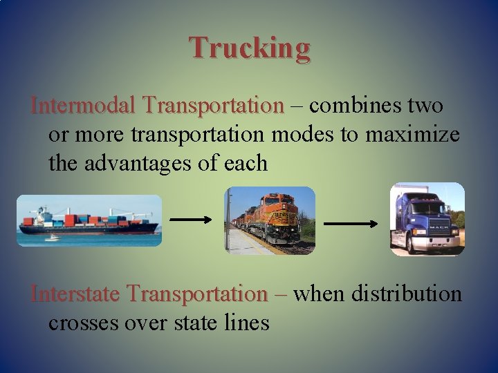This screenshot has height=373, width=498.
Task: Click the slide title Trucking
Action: [x=250, y=48]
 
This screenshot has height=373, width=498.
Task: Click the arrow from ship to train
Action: [x=191, y=219]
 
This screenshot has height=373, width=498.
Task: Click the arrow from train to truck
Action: [x=351, y=224]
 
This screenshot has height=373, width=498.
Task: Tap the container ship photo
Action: [x=89, y=220]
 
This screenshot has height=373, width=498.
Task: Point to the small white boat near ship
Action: [x=53, y=238]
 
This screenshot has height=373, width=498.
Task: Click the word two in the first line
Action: [x=425, y=106]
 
